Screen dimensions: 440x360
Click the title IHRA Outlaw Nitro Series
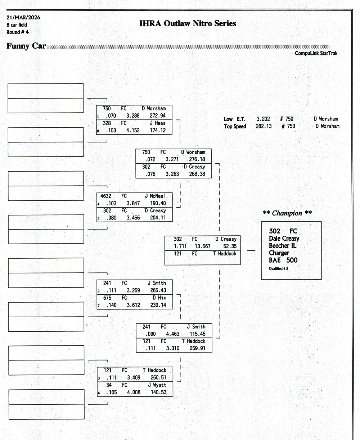click(188, 24)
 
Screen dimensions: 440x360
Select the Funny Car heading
click(26, 46)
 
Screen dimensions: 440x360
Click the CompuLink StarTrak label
click(316, 53)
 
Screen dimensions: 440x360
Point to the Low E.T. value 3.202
click(263, 119)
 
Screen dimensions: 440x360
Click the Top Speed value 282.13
click(264, 126)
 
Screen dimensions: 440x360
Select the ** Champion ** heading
click(287, 213)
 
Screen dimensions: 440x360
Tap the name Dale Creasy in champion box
click(284, 238)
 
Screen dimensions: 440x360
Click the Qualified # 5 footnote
click(278, 268)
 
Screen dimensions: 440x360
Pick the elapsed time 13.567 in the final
click(203, 246)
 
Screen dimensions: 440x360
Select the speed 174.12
click(158, 130)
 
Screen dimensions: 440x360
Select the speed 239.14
click(158, 305)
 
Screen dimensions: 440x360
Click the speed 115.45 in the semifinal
click(197, 334)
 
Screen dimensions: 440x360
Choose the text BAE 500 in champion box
click(283, 260)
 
